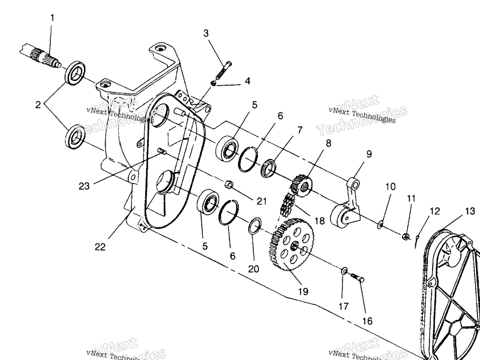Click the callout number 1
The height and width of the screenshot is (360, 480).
[52, 18]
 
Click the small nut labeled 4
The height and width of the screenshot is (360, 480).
[214, 83]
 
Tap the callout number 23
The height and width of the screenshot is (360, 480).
[84, 186]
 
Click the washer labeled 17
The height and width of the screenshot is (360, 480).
[344, 271]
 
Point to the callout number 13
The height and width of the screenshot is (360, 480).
[470, 212]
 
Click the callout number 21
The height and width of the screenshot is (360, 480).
[261, 202]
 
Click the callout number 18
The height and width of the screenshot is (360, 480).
[320, 221]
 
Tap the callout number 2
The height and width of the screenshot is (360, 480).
[38, 105]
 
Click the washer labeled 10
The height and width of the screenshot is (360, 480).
[381, 225]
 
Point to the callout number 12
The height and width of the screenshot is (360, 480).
[435, 211]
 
